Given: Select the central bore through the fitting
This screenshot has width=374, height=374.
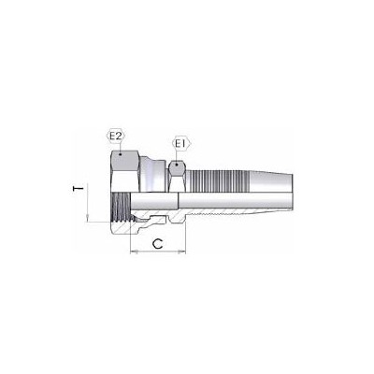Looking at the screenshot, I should [x=215, y=201].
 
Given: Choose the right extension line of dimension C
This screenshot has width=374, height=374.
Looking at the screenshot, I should [x=187, y=238].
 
